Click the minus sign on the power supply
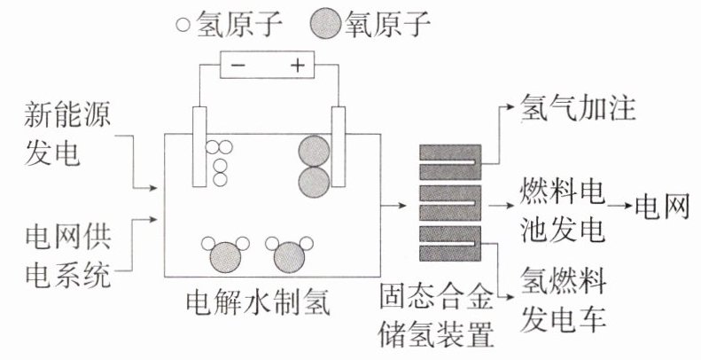pyautogui.click(x=238, y=65)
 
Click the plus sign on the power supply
pyautogui.click(x=298, y=65)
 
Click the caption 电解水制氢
pyautogui.click(x=256, y=305)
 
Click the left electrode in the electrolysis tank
pyautogui.click(x=199, y=146)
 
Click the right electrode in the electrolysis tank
pyautogui.click(x=337, y=146)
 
